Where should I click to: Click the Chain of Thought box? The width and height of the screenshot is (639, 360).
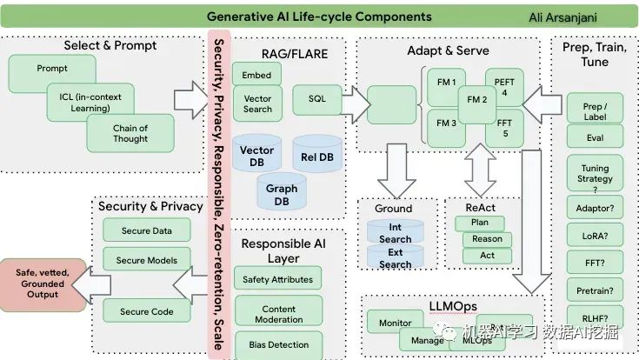pos(130,133)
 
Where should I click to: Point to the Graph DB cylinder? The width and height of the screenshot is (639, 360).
pos(281,194)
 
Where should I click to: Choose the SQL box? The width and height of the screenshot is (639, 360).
pos(317,99)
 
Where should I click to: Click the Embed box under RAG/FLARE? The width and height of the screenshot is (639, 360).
pos(257,76)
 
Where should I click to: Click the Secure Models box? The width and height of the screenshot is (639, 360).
pos(146,260)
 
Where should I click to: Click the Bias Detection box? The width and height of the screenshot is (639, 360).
pos(276,344)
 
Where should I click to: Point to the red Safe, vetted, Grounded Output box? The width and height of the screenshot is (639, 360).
pos(43,283)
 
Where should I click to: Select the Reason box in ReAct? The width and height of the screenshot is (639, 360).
pos(487,239)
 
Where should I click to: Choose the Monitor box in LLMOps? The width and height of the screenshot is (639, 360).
pos(395,323)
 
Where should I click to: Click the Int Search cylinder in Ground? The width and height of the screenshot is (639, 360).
pos(395,232)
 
